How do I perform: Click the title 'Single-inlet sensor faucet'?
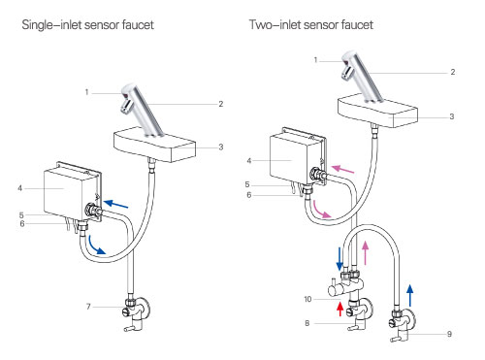click(x=87, y=25)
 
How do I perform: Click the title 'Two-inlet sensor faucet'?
click(x=311, y=25)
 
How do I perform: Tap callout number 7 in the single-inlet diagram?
click(x=88, y=307)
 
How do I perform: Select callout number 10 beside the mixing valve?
click(x=307, y=299)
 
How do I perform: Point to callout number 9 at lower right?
click(x=449, y=334)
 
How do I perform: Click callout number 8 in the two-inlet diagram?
click(x=307, y=323)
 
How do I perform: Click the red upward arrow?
click(x=339, y=309)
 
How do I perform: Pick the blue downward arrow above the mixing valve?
click(x=339, y=259)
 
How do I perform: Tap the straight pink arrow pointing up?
click(x=366, y=254)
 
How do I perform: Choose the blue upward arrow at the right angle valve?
click(x=409, y=295)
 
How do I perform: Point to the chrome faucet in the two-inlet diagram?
click(x=363, y=77)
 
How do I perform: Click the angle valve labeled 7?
click(x=136, y=313)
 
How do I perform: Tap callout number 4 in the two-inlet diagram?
click(x=248, y=160)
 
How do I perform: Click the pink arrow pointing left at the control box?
click(x=343, y=169)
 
